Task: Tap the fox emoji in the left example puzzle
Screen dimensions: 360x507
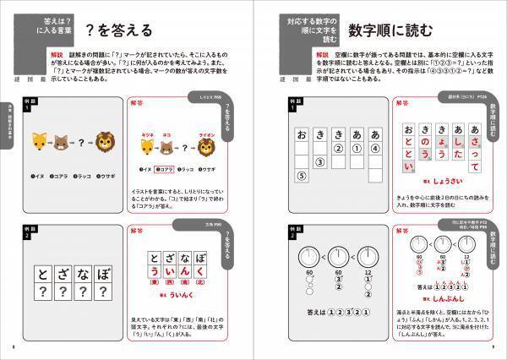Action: click(39, 141)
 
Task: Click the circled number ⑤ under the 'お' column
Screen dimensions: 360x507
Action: click(301, 177)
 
